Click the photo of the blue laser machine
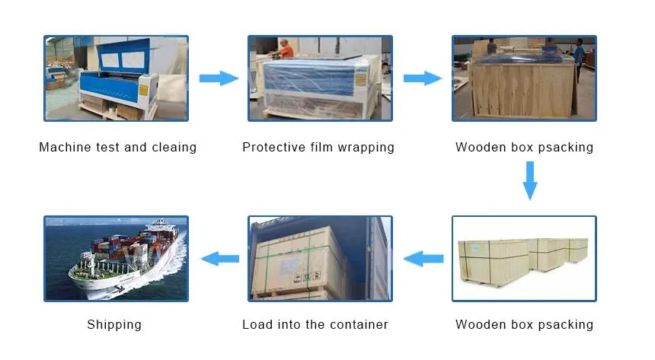tap(116, 78)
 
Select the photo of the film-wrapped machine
tap(320, 78)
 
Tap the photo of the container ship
tap(116, 258)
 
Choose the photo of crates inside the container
tap(320, 258)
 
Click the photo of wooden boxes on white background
tap(524, 258)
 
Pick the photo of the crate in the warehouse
tap(524, 78)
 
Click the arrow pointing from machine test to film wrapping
tap(219, 78)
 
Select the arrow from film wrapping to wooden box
tap(423, 78)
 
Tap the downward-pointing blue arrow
tap(530, 180)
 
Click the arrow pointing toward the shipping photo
tap(219, 259)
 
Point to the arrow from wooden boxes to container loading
tap(423, 259)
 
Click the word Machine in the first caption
tap(65, 147)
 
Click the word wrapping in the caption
tap(368, 148)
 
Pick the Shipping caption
tap(114, 325)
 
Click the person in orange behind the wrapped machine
tap(286, 49)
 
